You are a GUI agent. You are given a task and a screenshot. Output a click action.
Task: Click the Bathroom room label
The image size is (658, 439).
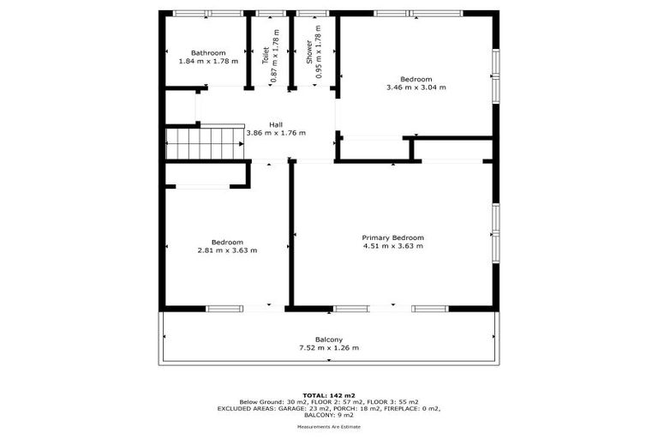pyautogui.click(x=208, y=53)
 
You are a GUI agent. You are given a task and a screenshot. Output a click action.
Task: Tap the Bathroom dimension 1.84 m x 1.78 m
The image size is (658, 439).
pyautogui.click(x=208, y=62)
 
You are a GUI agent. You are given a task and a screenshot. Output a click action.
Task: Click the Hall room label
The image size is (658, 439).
pyautogui.click(x=276, y=124)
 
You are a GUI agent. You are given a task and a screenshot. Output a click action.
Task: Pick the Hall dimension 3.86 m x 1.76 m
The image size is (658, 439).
pyautogui.click(x=276, y=133)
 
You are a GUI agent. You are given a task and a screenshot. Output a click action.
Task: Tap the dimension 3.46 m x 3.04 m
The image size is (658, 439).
pyautogui.click(x=416, y=87)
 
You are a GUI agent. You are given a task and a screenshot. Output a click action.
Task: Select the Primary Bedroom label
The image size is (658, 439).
pyautogui.click(x=393, y=238)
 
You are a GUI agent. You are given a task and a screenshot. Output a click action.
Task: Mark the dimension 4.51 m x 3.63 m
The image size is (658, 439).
pyautogui.click(x=393, y=246)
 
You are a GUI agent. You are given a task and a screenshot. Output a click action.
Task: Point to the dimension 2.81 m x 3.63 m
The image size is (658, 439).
pyautogui.click(x=227, y=250)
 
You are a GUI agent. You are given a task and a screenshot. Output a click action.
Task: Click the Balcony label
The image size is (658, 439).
pyautogui.click(x=328, y=340)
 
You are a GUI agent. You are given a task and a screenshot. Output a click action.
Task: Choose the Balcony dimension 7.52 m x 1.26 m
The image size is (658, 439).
pyautogui.click(x=328, y=348)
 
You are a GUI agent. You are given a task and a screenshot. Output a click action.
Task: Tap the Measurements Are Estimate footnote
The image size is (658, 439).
pyautogui.click(x=328, y=426)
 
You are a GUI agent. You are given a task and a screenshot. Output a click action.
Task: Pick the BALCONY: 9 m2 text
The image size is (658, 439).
pyautogui.click(x=328, y=416)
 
